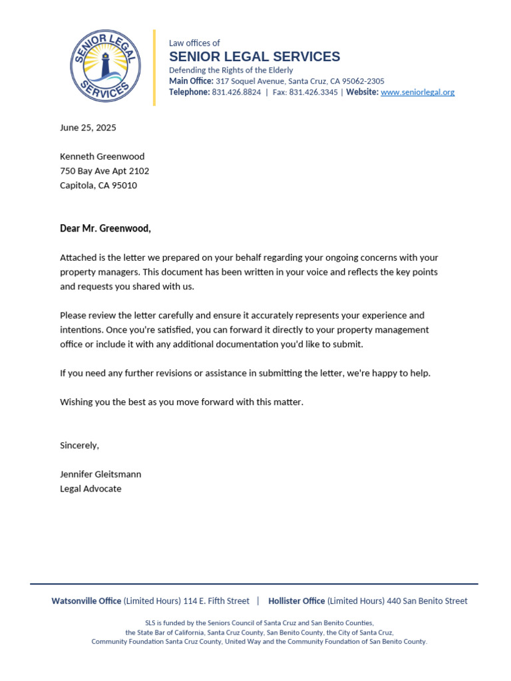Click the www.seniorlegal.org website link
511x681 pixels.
coord(417,92)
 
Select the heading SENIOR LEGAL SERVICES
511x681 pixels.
coord(254,57)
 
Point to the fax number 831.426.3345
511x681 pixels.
coord(313,92)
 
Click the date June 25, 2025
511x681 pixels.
coord(88,128)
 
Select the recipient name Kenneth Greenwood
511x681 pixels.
coord(102,157)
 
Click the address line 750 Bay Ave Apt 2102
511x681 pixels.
coord(104,171)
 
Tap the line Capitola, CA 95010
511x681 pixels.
coord(98,186)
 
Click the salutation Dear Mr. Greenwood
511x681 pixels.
coord(105,229)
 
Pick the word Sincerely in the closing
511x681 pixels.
coord(79,445)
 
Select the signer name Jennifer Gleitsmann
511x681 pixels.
coord(100,474)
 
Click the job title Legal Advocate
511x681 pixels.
coord(90,489)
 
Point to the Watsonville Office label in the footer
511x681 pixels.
coord(86,601)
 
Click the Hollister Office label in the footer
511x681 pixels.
coord(297,601)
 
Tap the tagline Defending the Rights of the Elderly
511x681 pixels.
coord(231,70)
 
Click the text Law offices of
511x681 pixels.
coord(194,43)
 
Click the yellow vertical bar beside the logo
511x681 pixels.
coord(154,67)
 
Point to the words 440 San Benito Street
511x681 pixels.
coord(426,601)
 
